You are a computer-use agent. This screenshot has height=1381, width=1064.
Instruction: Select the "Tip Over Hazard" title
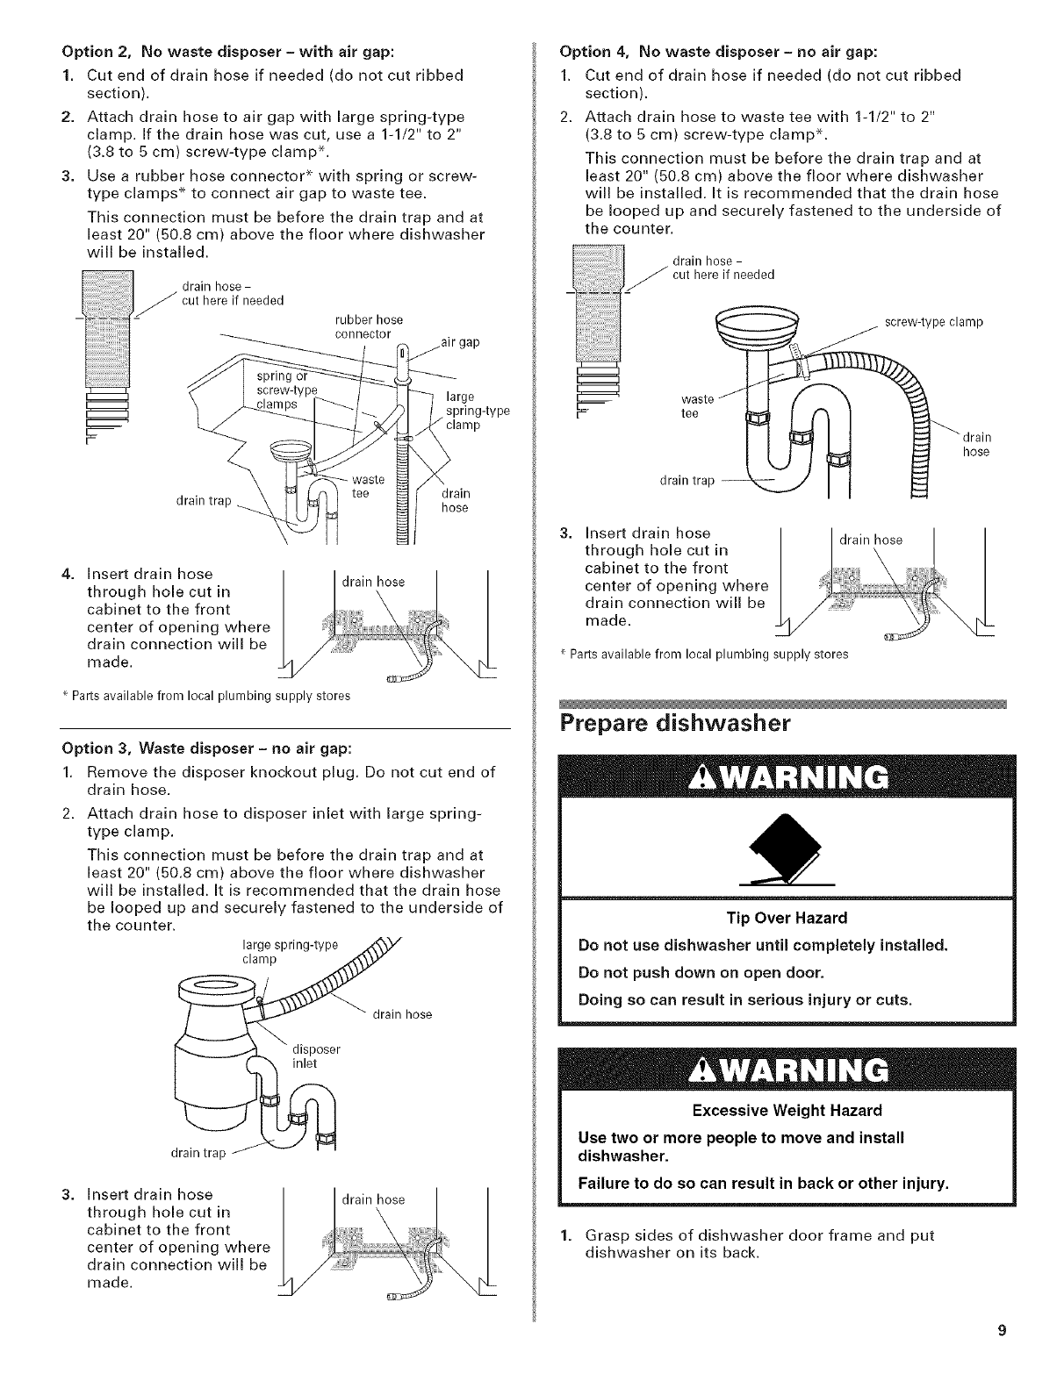point(786,918)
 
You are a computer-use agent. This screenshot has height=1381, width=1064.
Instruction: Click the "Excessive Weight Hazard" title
point(786,1110)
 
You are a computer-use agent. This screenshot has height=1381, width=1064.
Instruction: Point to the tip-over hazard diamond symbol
point(787,845)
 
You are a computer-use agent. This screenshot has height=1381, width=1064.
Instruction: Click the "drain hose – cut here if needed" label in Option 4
point(723,268)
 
